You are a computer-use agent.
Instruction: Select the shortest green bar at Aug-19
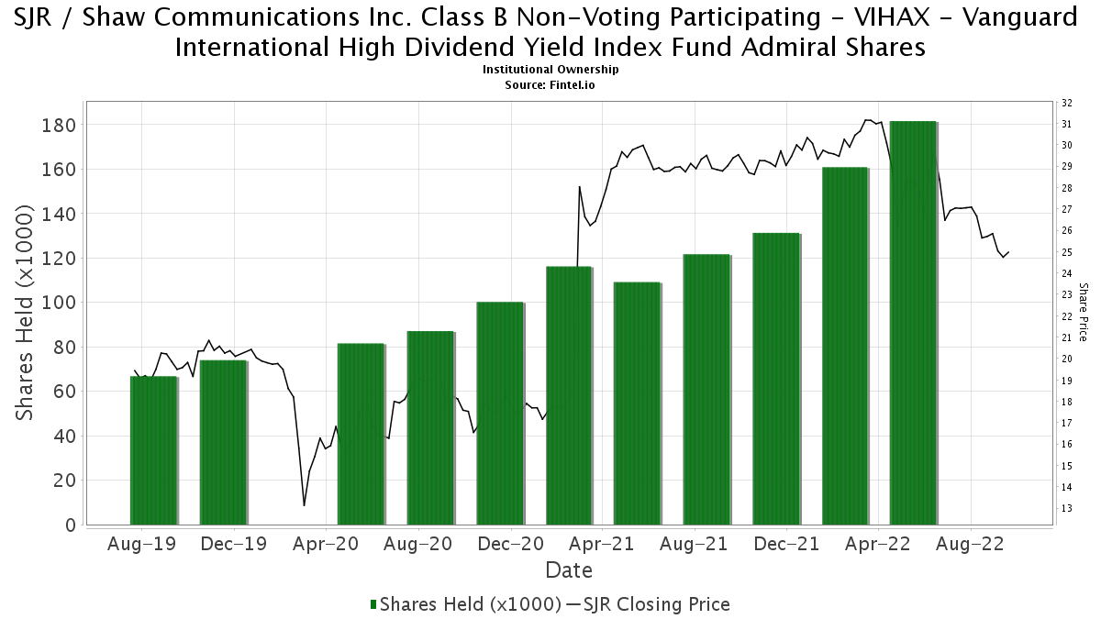pos(153,450)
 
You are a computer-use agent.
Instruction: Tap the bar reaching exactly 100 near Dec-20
pos(500,413)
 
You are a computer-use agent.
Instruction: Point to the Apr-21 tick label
pos(601,544)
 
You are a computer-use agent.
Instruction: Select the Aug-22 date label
pos(970,544)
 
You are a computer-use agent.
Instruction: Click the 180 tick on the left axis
pos(65,125)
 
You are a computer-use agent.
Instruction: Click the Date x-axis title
pos(569,570)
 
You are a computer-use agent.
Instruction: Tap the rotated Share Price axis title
pos(1084,312)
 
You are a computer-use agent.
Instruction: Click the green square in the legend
pos(373,604)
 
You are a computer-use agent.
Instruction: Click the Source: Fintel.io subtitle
pos(550,84)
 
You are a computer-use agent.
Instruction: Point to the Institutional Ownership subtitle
pos(550,70)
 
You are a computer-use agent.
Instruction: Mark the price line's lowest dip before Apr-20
pos(305,505)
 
